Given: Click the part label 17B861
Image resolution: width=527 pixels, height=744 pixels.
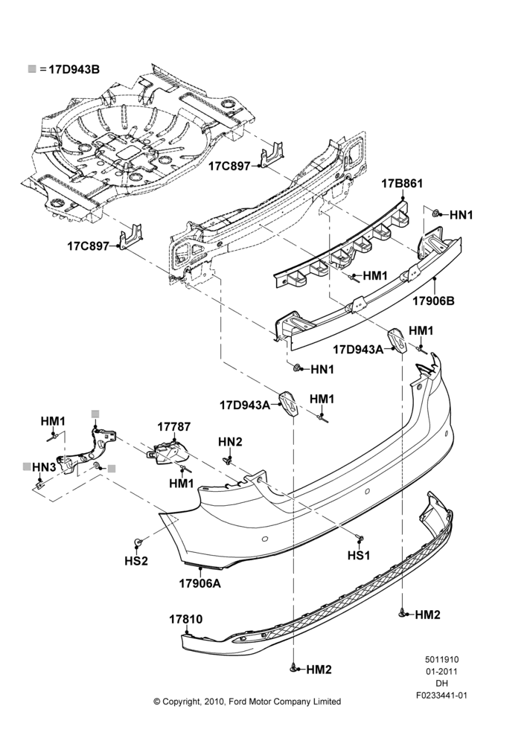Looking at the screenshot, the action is coord(402,183).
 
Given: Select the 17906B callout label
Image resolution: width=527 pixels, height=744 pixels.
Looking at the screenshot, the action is coord(433,301).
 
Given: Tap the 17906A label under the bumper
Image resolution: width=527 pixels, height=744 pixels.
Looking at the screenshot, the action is coord(200,583).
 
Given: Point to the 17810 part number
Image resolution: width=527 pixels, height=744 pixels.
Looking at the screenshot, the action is coord(185,619).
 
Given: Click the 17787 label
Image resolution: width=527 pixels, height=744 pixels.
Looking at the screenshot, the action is coord(173,426).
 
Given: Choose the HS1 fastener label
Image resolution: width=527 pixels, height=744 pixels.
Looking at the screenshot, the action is coord(359,555).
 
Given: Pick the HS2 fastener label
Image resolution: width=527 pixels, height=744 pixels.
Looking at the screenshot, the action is coord(136,561).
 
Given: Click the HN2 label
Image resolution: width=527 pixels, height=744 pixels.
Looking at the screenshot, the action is coord(230,442).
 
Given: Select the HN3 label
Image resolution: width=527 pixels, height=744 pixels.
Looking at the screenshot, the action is coord(44,467).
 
